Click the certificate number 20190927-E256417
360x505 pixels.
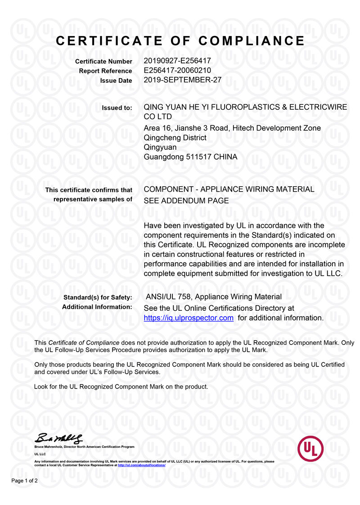tap(177, 61)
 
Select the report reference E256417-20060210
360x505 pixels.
tap(177, 71)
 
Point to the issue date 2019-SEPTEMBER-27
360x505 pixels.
tap(183, 80)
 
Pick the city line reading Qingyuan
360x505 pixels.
tap(160, 147)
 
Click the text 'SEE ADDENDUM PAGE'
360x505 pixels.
tap(186, 201)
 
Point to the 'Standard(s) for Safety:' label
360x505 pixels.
tap(98, 297)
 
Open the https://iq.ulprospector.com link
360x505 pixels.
tap(188, 318)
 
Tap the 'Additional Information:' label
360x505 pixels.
tap(97, 307)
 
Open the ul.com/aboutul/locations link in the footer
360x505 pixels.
tap(142, 465)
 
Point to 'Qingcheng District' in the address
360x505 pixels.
tap(175, 138)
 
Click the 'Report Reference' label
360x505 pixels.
tap(106, 71)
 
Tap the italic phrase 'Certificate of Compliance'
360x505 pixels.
tap(84, 343)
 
